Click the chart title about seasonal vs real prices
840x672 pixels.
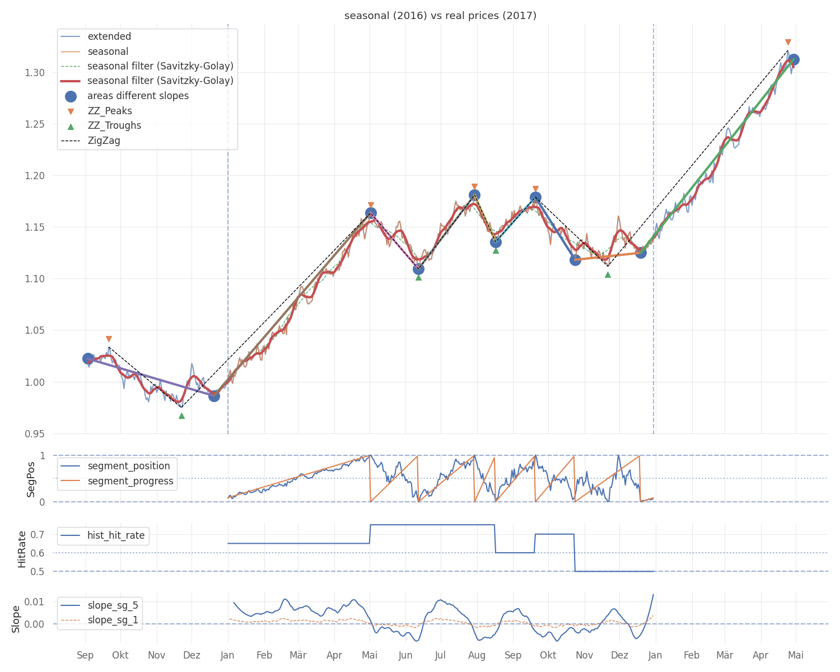pos(440,16)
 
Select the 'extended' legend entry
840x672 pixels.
pos(109,36)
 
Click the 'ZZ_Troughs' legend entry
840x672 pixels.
pos(114,125)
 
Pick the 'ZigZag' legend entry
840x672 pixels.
pos(104,141)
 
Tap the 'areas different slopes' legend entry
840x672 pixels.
pos(138,96)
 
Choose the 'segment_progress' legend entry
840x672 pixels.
pos(130,481)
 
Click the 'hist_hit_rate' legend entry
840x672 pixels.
pos(115,535)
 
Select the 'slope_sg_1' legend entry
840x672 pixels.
pos(113,620)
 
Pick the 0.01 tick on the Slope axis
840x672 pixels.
pos(38,602)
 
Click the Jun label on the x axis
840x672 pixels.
pos(405,655)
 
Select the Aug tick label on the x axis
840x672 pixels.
pos(477,655)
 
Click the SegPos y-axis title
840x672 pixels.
pos(31,479)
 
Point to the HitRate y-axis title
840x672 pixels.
pos(22,549)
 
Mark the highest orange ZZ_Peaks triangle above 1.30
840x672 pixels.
pos(788,43)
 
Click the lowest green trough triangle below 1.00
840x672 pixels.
pos(181,416)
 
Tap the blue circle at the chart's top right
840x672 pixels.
pos(793,59)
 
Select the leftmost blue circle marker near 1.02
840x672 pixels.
pos(88,358)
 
